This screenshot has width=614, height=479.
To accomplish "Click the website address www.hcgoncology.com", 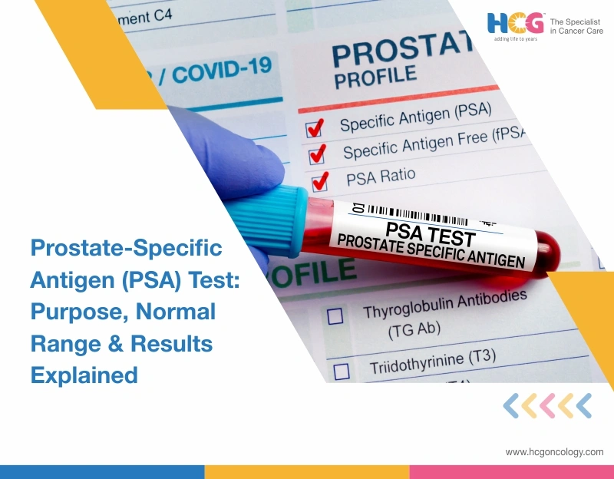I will [554, 452].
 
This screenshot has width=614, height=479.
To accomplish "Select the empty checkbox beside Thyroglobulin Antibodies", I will [335, 315].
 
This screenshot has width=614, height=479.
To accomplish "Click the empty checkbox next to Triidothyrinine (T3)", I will [342, 371].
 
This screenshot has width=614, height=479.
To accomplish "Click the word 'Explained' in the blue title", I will [84, 374].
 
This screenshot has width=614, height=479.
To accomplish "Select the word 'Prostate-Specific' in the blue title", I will [126, 248].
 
